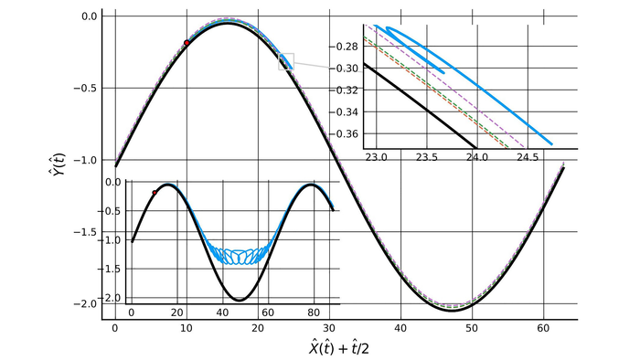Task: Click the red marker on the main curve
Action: pyautogui.click(x=187, y=43)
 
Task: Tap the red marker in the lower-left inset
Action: pyautogui.click(x=155, y=193)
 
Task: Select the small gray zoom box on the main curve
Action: pyautogui.click(x=286, y=61)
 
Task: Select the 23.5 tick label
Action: pyautogui.click(x=427, y=157)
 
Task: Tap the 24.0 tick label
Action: pyautogui.click(x=476, y=157)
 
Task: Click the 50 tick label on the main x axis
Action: pyautogui.click(x=472, y=326)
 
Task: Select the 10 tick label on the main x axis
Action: pyautogui.click(x=187, y=326)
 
